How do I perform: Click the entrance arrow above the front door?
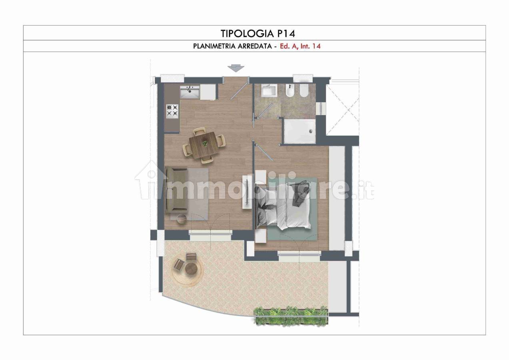point(236,68)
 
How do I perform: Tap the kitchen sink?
point(190,92)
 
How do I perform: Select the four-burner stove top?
point(172,111)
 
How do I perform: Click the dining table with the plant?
point(204,144)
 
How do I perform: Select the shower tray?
point(299,131)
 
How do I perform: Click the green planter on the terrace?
point(291,316)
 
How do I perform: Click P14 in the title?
point(286,34)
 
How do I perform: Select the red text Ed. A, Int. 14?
point(300,46)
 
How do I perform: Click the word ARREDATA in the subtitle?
point(255,46)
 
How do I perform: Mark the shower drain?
point(311,131)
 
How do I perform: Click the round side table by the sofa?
point(182,220)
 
